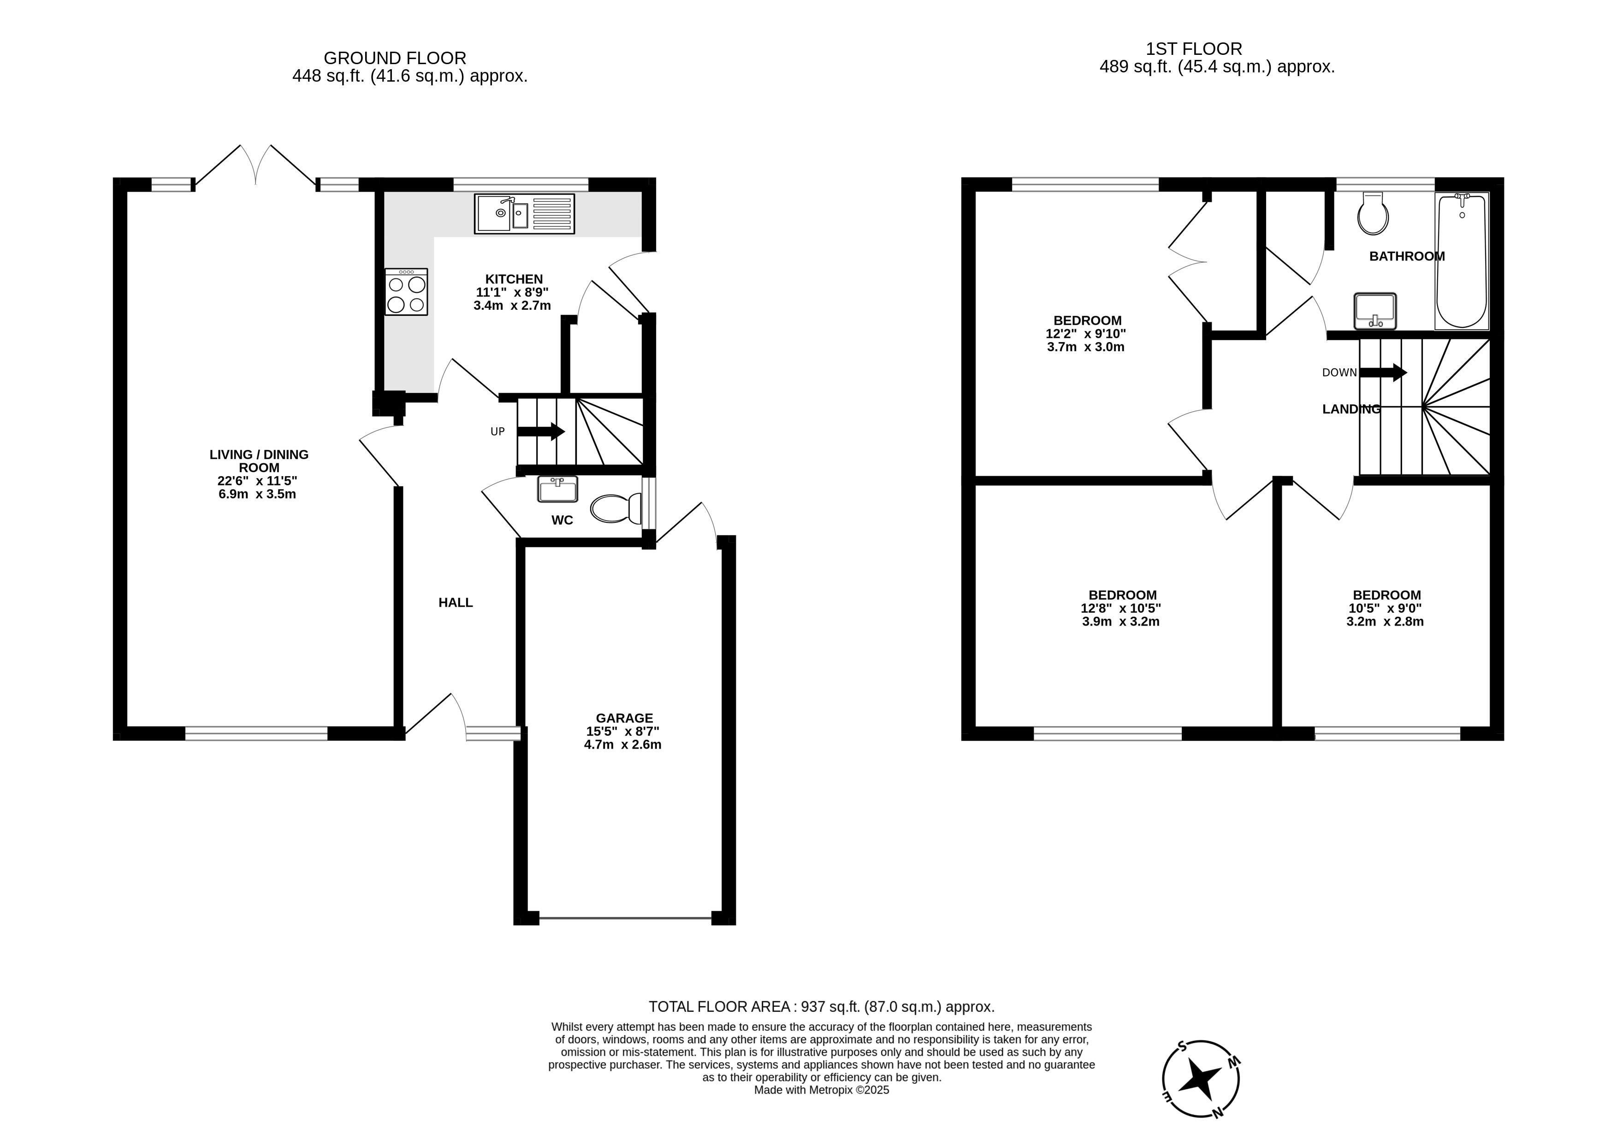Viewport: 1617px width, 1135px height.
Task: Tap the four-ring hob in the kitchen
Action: (406, 291)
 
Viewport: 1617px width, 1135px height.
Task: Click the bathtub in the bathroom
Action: (1462, 261)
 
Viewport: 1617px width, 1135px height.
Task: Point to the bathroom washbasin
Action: (1375, 311)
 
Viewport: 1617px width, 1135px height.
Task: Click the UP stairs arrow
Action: (541, 432)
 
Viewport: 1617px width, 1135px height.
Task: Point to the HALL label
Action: (456, 603)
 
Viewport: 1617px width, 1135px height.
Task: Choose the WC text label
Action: (562, 520)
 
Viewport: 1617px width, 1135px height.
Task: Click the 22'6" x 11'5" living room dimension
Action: (257, 481)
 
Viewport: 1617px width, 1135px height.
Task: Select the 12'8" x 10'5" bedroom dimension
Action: (1121, 609)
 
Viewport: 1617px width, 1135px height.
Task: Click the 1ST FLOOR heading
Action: (1194, 48)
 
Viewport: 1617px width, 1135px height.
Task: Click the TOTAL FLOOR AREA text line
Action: (821, 1007)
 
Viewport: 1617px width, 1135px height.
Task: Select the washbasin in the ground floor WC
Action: (558, 489)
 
